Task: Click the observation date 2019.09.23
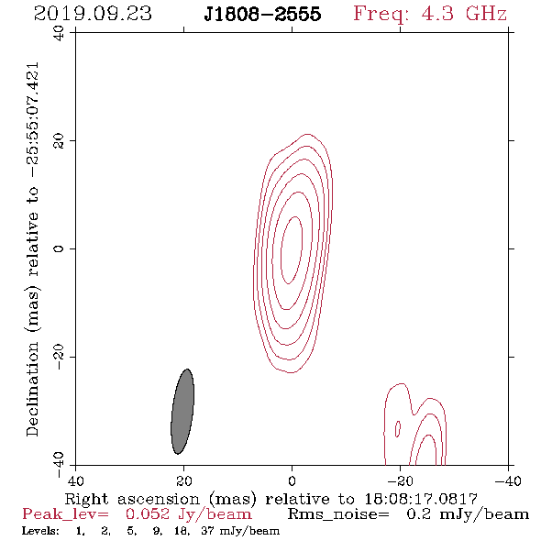pos(93,14)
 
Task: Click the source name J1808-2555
pos(262,14)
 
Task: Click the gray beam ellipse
pos(182,412)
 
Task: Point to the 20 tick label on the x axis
pos(184,481)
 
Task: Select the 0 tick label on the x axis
pos(293,481)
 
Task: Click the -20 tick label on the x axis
pos(400,481)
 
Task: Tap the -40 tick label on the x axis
pos(508,481)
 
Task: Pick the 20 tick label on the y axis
pos(59,141)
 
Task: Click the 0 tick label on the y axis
pos(59,248)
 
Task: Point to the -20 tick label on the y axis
pos(59,357)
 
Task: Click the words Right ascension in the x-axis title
pos(132,499)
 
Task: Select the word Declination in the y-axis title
pos(32,389)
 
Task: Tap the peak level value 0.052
pos(148,514)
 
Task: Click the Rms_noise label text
pos(339,514)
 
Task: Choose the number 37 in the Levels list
pos(208,531)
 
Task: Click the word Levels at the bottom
pos(40,531)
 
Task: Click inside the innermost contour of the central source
pos(292,249)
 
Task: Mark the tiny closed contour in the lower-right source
pos(398,429)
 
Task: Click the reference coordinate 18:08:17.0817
pos(421,499)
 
